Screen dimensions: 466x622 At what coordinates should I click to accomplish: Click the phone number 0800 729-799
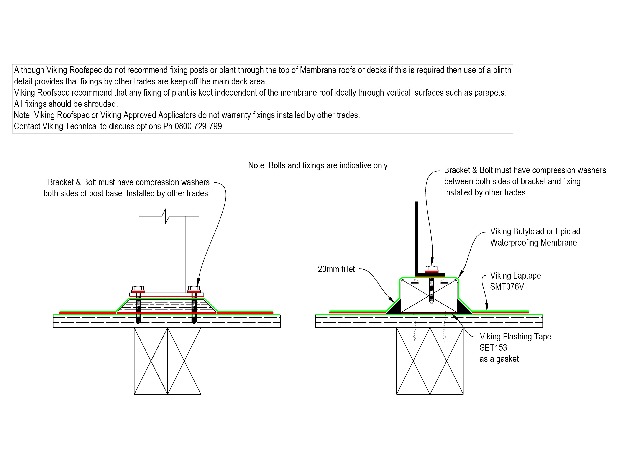pyautogui.click(x=198, y=127)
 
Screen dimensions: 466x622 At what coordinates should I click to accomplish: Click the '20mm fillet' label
pyautogui.click(x=336, y=269)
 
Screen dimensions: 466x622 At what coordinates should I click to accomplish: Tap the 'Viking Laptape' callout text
pyautogui.click(x=515, y=276)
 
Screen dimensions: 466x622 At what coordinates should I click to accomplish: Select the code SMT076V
pyautogui.click(x=507, y=287)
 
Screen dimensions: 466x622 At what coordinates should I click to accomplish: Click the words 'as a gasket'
pyautogui.click(x=499, y=359)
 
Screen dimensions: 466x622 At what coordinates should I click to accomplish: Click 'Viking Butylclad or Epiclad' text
pyautogui.click(x=535, y=231)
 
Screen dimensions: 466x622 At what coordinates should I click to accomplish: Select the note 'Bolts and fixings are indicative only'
pyautogui.click(x=318, y=165)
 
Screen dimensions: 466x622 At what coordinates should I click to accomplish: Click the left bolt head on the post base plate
pyautogui.click(x=138, y=289)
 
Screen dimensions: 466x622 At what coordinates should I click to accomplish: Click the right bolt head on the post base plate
pyautogui.click(x=194, y=289)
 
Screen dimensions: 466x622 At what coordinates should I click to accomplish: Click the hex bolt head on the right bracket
pyautogui.click(x=431, y=268)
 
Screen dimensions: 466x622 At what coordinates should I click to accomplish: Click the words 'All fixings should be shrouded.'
pyautogui.click(x=66, y=104)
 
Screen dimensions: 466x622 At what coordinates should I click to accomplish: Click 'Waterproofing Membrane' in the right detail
pyautogui.click(x=533, y=243)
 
